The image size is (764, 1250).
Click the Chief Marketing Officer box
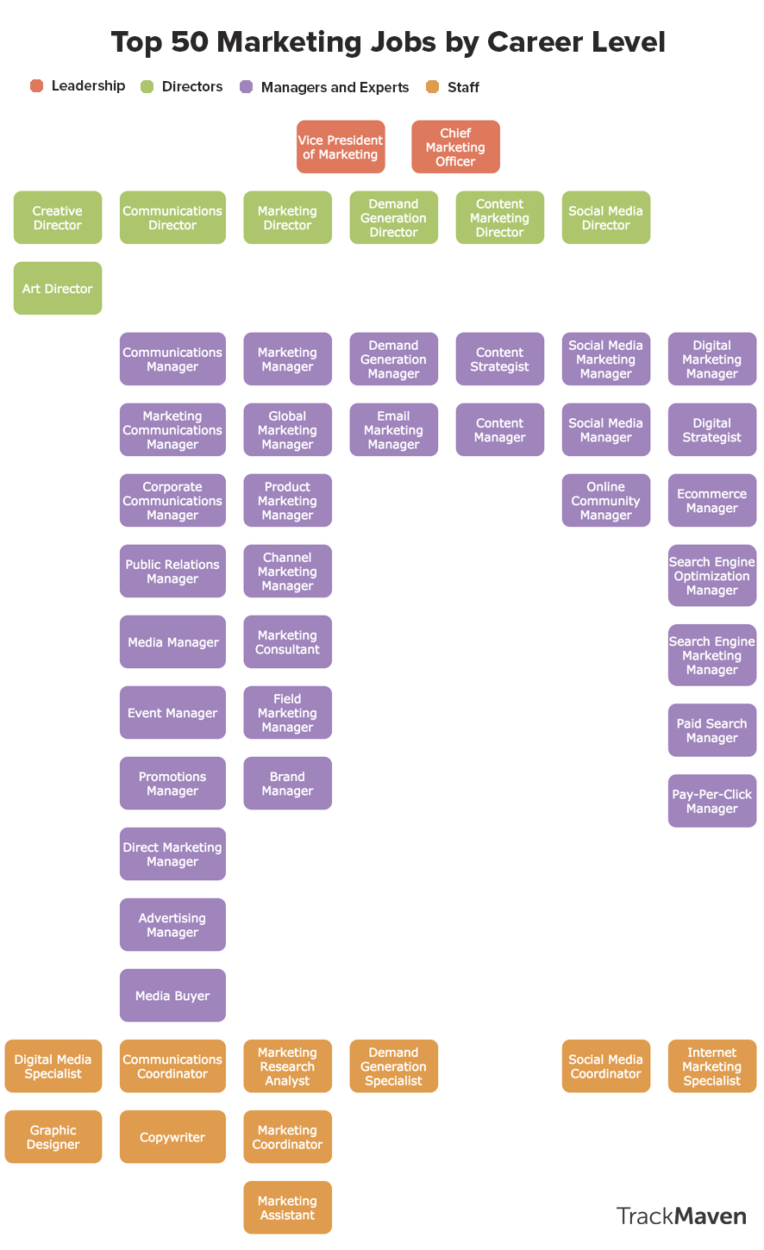tap(455, 147)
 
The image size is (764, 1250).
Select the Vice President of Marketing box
tap(341, 147)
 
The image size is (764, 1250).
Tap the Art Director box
tap(58, 288)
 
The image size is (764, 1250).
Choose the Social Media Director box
tap(605, 217)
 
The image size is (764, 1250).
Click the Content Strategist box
tap(499, 359)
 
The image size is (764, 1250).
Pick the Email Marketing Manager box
tap(393, 429)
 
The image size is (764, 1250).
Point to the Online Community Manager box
tap(605, 500)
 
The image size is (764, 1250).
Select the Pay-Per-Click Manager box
tap(711, 801)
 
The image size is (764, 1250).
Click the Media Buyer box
tap(172, 995)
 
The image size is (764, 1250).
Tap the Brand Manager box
tap(287, 783)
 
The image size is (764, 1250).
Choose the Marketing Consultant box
tap(287, 641)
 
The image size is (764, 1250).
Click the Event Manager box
tap(172, 712)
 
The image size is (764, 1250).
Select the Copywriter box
tap(172, 1136)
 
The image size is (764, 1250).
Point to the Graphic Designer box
tap(53, 1136)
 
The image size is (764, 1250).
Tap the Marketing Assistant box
tap(287, 1207)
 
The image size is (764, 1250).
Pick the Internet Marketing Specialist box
tap(711, 1066)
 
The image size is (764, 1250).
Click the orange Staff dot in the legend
tap(433, 86)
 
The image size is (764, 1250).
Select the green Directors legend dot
tap(147, 86)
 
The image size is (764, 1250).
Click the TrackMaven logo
tap(680, 1216)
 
